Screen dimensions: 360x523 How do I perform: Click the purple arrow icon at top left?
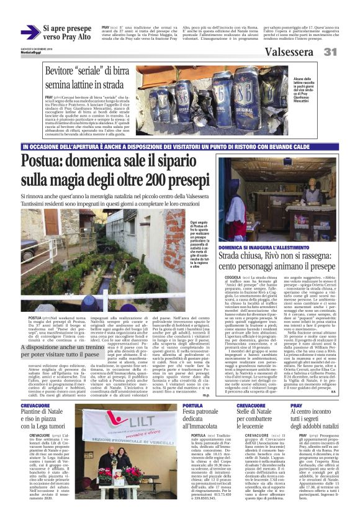pyautogui.click(x=29, y=33)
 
